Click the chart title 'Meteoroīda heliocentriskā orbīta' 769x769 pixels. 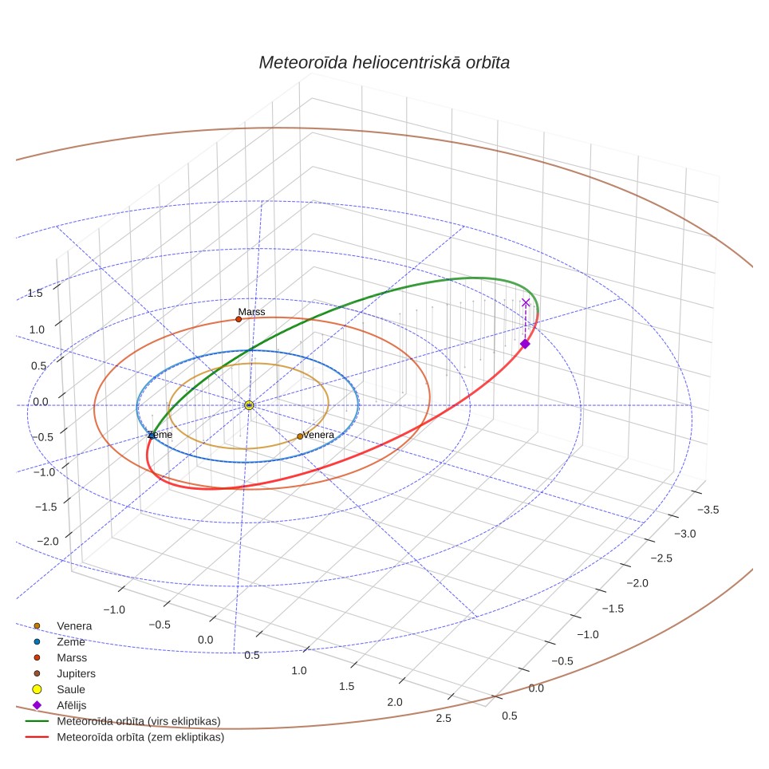click(x=384, y=63)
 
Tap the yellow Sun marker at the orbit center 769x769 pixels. click(x=249, y=405)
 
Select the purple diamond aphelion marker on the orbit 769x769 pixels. click(x=525, y=344)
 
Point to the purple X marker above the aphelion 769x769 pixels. click(x=526, y=302)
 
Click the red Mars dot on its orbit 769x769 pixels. click(x=239, y=319)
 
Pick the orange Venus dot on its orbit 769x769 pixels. click(x=300, y=436)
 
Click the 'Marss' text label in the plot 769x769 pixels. click(x=251, y=312)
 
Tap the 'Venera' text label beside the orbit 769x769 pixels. click(x=318, y=435)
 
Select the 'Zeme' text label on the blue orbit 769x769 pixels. click(x=160, y=435)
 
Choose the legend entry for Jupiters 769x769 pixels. click(x=65, y=673)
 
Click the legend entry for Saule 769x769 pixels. click(x=59, y=689)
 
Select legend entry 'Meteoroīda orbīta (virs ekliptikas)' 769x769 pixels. click(x=123, y=721)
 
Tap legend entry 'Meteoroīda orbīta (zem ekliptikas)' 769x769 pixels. click(x=124, y=736)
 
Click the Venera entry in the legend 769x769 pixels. click(x=62, y=625)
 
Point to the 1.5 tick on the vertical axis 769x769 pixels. click(x=35, y=294)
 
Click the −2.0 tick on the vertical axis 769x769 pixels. click(x=48, y=542)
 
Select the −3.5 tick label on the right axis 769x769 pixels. click(x=708, y=510)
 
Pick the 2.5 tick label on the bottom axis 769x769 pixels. click(x=444, y=718)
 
